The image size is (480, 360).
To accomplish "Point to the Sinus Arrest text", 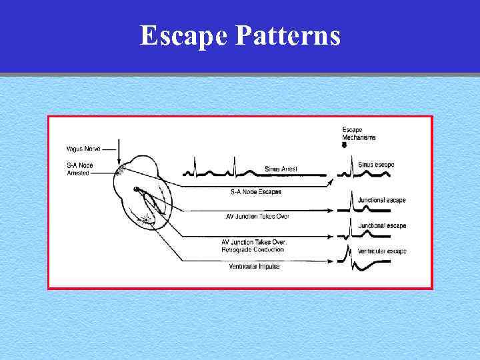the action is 281,169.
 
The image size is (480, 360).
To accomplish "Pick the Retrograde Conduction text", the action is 253,249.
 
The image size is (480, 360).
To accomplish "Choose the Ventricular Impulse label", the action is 253,266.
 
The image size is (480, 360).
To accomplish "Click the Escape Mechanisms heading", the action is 359,133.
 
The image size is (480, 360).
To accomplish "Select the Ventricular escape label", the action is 381,251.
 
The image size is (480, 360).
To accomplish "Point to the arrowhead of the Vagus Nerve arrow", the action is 119,161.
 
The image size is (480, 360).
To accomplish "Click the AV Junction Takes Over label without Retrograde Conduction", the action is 257,217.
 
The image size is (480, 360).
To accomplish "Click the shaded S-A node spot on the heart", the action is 121,171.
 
